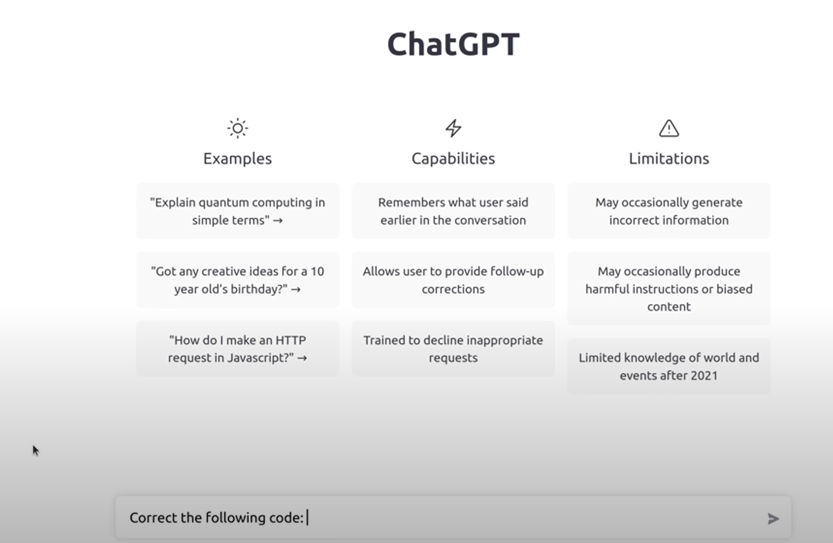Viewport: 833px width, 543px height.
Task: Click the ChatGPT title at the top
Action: click(453, 44)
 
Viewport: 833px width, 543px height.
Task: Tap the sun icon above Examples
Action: click(237, 128)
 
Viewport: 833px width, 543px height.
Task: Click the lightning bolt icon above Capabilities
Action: click(453, 128)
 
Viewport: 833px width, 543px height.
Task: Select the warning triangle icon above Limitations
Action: click(669, 128)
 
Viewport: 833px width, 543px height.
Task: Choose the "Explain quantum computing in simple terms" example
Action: click(237, 211)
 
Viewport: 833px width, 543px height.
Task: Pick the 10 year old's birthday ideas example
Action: click(237, 280)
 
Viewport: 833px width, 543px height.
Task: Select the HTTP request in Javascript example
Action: click(237, 349)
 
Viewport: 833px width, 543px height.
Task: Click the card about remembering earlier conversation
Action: click(453, 211)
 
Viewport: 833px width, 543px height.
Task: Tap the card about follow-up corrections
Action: click(453, 280)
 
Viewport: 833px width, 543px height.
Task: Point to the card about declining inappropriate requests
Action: click(453, 349)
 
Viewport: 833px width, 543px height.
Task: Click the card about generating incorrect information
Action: click(669, 211)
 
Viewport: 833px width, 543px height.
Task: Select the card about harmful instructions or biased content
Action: click(669, 289)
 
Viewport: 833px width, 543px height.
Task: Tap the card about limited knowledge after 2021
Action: click(669, 366)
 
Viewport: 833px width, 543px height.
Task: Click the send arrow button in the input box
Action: click(773, 518)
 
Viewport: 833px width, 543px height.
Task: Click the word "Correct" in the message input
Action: click(153, 518)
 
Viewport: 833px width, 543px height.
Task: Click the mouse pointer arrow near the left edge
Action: click(36, 450)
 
